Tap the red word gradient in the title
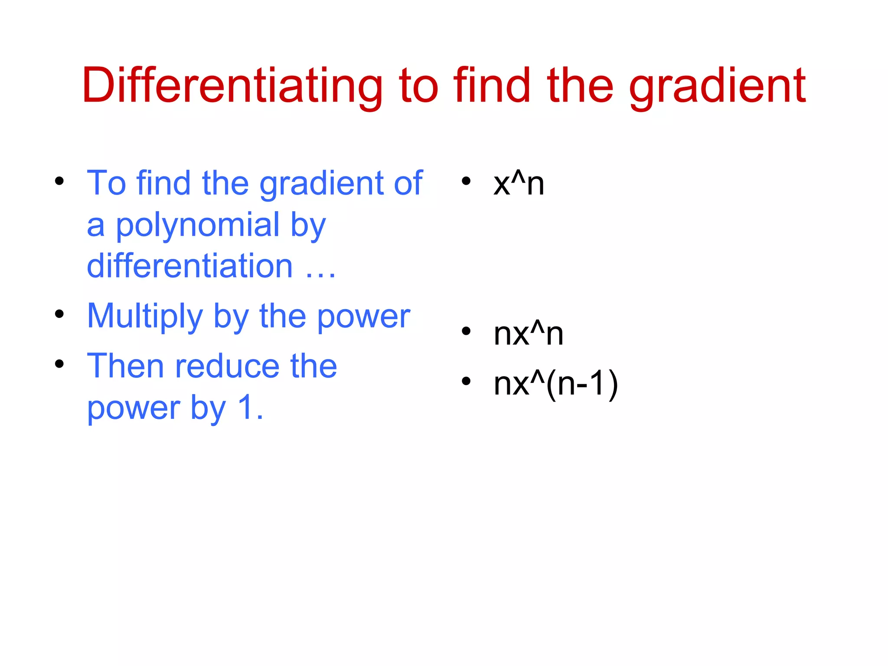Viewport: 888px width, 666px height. point(717,86)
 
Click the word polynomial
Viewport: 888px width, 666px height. point(198,225)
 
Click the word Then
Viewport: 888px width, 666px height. point(125,366)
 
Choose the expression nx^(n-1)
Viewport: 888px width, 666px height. point(555,384)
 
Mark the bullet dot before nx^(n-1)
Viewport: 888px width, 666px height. point(466,381)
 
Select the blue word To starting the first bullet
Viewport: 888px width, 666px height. point(107,184)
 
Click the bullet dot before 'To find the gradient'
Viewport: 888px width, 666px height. point(59,181)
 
